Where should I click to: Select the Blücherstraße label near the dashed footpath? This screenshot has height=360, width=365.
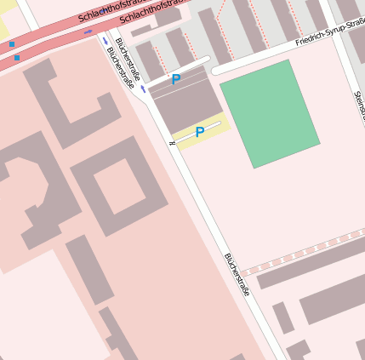(237, 274)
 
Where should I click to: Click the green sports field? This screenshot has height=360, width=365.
(270, 111)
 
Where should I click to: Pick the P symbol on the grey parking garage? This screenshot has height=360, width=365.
(176, 80)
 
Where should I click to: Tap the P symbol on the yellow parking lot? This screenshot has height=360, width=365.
(200, 132)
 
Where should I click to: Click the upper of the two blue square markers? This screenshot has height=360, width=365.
(12, 44)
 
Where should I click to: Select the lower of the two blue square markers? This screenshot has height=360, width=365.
(17, 58)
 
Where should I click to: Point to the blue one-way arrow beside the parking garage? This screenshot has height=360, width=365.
(143, 89)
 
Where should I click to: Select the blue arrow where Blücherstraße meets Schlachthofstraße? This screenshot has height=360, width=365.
(106, 40)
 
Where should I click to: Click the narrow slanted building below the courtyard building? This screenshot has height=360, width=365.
(89, 269)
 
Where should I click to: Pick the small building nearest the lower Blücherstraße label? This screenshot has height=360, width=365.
(282, 317)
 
